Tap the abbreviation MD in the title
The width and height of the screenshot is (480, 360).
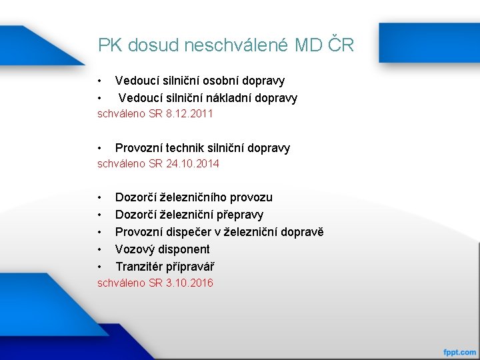click(310, 45)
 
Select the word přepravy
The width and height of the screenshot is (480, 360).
click(239, 215)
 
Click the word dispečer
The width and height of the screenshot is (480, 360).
click(188, 232)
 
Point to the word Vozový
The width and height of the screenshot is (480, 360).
click(134, 249)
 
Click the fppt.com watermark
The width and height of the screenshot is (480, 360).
click(459, 351)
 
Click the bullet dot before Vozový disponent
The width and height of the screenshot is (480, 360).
click(99, 249)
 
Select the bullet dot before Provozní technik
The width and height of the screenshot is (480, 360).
click(99, 148)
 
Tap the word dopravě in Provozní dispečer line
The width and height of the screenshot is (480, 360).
click(301, 232)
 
